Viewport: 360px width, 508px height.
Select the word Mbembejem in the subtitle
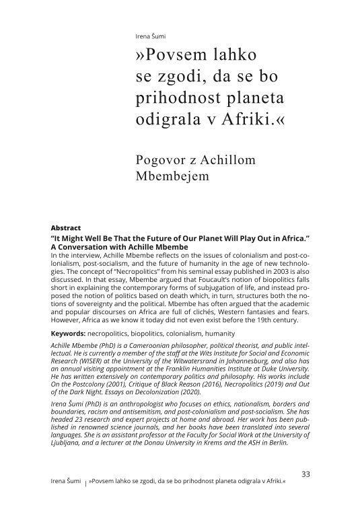[x=172, y=177]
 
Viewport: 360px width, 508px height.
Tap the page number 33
[x=305, y=474]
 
